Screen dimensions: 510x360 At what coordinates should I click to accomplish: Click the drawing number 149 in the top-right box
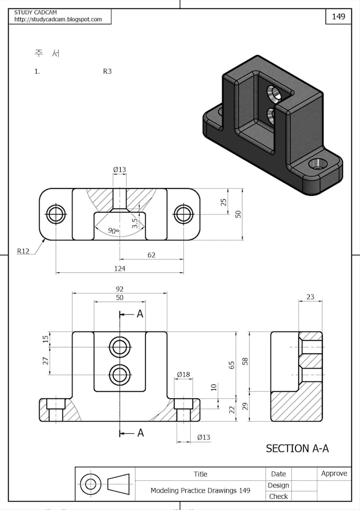click(x=338, y=16)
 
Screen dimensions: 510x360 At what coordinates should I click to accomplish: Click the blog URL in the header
click(x=58, y=20)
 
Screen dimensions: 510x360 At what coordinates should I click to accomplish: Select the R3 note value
click(x=107, y=71)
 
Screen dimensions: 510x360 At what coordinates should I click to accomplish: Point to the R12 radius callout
click(x=23, y=251)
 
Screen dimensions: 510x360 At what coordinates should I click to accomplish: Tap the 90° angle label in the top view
click(x=113, y=231)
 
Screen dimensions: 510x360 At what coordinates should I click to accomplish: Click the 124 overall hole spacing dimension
click(x=120, y=269)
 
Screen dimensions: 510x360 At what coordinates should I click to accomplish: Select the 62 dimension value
click(x=151, y=255)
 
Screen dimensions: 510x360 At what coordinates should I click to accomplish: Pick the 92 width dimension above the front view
click(x=120, y=289)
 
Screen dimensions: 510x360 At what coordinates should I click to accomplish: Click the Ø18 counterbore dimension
click(x=183, y=374)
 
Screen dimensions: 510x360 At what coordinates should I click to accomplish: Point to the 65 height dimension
click(x=232, y=365)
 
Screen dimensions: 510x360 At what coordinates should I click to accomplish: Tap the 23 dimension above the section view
click(x=310, y=297)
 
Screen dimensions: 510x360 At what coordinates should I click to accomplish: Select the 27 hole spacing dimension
click(x=46, y=361)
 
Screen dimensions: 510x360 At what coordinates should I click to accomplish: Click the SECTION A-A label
click(x=297, y=449)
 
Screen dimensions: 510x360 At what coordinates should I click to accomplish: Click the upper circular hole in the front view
click(x=120, y=347)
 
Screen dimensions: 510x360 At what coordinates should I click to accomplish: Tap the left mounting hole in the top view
click(x=56, y=214)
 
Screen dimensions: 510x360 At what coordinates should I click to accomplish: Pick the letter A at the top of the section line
click(x=140, y=314)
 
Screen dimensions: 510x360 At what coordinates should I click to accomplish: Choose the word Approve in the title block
click(x=334, y=473)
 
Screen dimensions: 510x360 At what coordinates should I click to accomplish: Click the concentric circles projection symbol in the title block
click(x=91, y=484)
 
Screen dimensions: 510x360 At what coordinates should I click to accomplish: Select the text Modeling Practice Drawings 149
click(x=200, y=490)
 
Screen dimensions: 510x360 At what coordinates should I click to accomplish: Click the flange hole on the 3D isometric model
click(x=318, y=164)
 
